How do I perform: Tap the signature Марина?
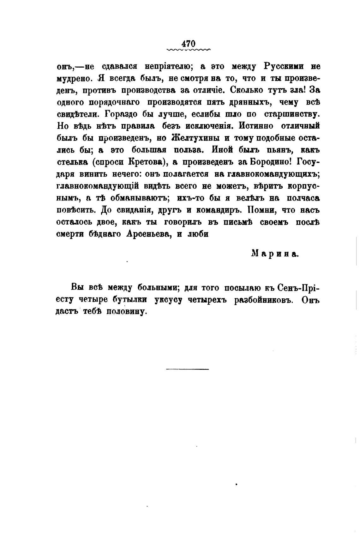(275, 254)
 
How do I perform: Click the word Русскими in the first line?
(284, 67)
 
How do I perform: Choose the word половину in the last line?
(128, 312)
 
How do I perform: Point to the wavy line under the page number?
(189, 50)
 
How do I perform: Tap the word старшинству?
(292, 114)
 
